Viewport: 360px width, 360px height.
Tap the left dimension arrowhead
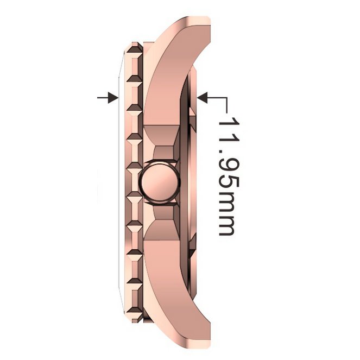(x=113, y=98)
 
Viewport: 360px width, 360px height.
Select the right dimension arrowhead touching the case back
(x=203, y=98)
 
